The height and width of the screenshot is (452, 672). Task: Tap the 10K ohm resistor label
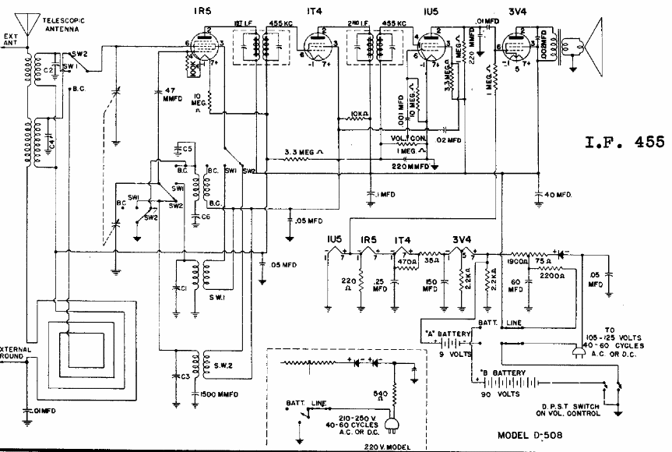pos(359,114)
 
